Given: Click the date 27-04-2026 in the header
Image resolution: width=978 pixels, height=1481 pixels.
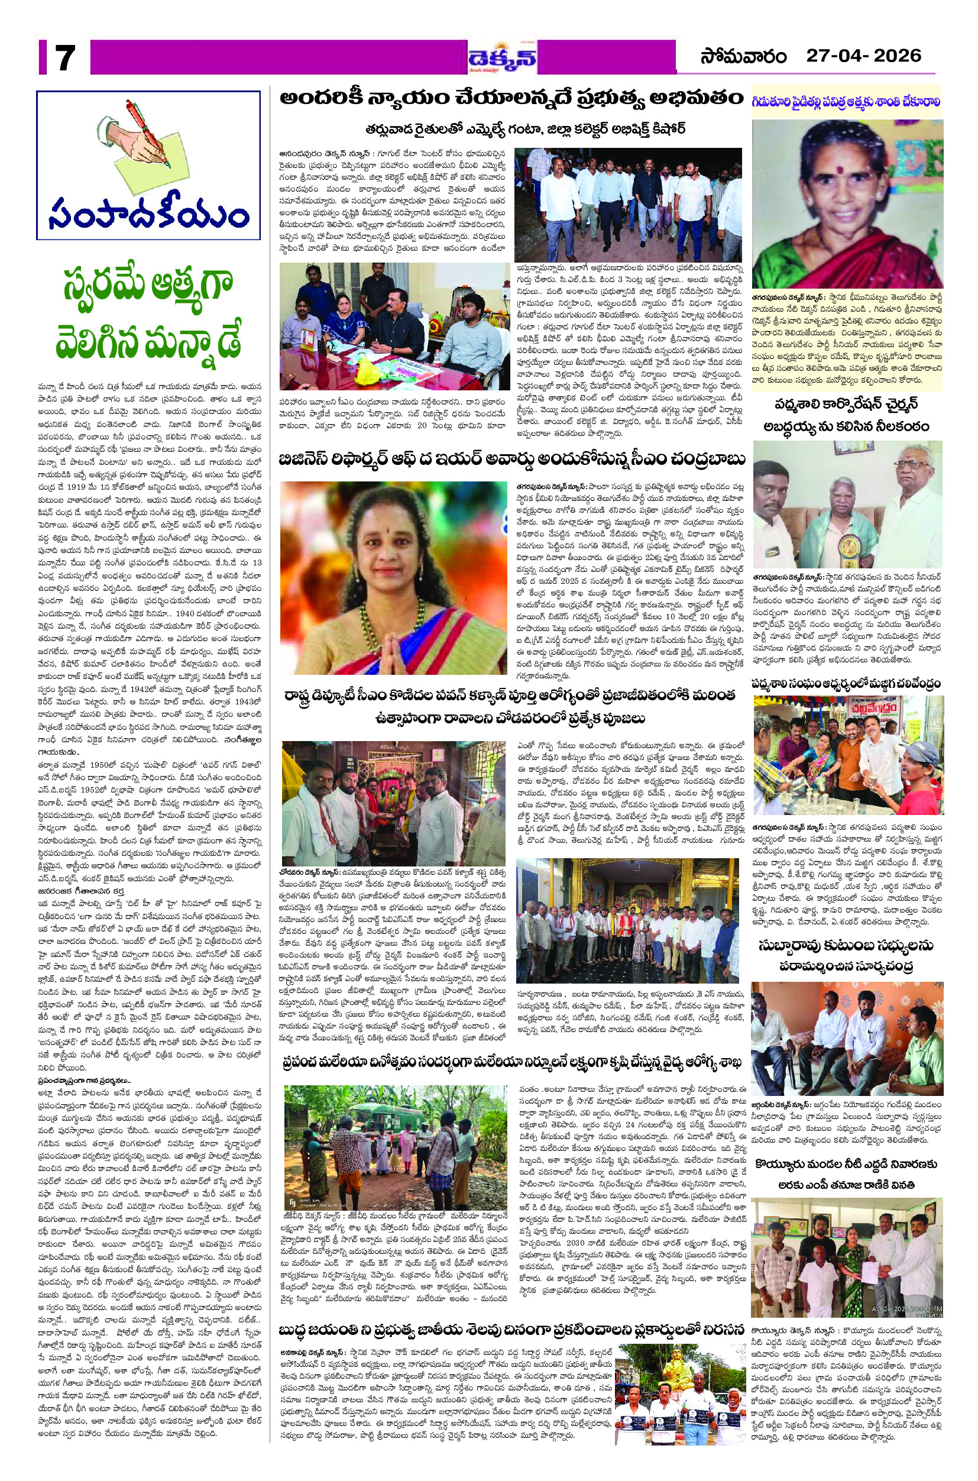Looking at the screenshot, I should click(863, 56).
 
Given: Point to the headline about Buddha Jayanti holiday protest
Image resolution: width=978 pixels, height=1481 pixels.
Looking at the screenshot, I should click(511, 1310).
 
